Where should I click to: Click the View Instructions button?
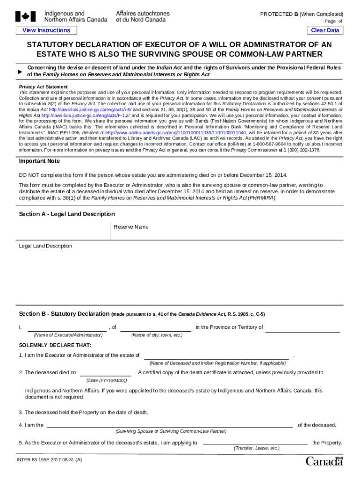point(46,30)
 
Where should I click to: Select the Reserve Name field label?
point(131,227)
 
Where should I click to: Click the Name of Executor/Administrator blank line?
point(68,327)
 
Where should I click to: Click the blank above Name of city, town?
point(156,327)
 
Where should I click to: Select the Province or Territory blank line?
point(302,327)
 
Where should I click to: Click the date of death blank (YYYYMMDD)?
point(106,373)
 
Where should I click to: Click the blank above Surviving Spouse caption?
point(170,425)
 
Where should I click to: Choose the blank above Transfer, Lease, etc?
point(256,443)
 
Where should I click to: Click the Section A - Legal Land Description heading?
point(66,214)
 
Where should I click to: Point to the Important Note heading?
point(39,161)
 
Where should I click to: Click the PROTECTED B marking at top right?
point(302,14)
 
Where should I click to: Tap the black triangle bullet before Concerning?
point(20,71)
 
